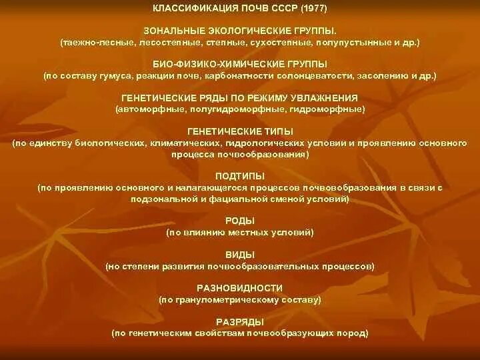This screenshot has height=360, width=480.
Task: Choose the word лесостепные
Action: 164,42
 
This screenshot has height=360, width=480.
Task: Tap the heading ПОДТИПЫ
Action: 240,177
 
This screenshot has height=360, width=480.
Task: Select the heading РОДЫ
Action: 240,221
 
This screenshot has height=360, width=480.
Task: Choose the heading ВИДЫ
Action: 240,255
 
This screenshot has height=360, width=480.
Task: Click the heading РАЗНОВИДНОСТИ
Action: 240,288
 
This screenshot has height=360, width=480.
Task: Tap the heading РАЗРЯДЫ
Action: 240,322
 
